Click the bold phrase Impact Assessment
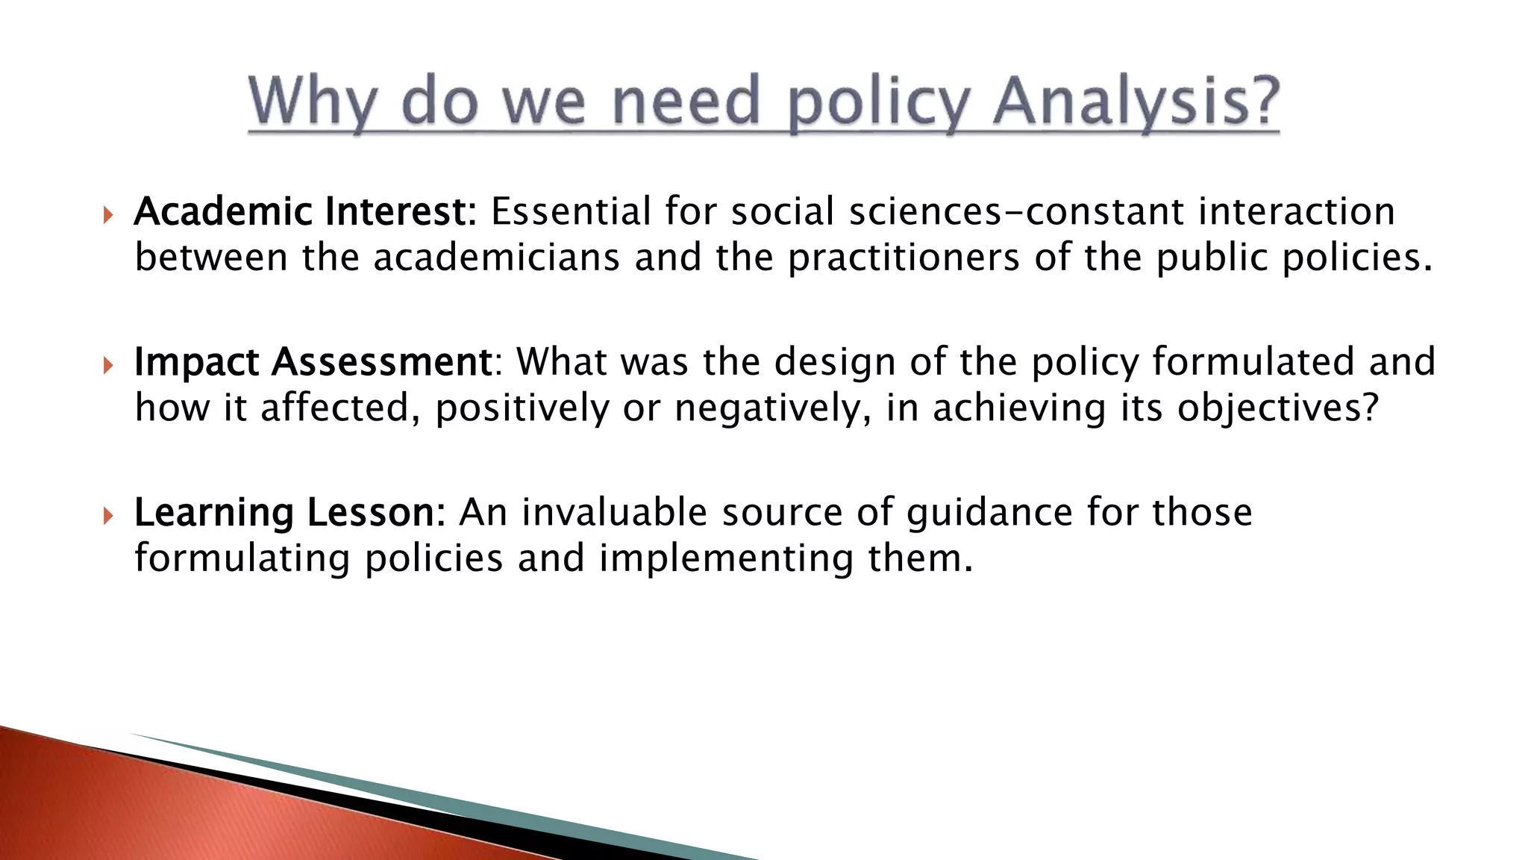click(x=313, y=362)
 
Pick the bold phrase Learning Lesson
click(x=284, y=513)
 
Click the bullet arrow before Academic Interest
click(x=108, y=216)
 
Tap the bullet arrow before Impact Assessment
click(x=108, y=367)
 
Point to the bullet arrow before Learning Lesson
click(x=108, y=517)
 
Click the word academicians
click(x=496, y=258)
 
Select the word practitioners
click(x=903, y=258)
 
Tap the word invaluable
click(x=613, y=513)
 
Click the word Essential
click(x=571, y=212)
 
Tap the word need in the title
click(x=686, y=102)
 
